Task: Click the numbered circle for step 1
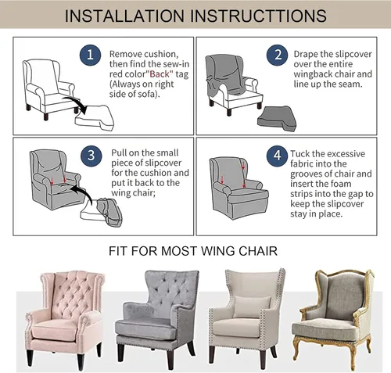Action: [x=90, y=55]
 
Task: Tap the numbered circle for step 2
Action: [x=278, y=55]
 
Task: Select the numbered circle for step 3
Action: [x=91, y=156]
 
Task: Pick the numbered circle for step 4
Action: [x=277, y=156]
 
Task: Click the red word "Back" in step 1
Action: [x=160, y=74]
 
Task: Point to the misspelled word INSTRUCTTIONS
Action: [x=258, y=16]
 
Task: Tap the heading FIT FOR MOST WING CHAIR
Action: [x=193, y=251]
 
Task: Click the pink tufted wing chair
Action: [x=65, y=318]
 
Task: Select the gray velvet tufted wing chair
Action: [x=157, y=318]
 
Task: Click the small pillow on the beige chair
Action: [x=252, y=307]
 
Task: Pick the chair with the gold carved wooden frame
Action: [x=333, y=319]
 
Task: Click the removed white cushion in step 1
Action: [x=95, y=118]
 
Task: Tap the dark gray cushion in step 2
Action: [x=277, y=119]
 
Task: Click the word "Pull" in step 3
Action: [x=119, y=152]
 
